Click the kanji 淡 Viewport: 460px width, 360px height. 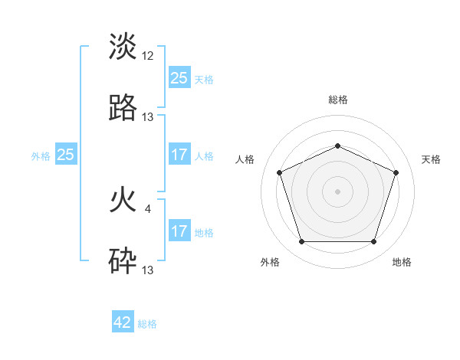tap(123, 47)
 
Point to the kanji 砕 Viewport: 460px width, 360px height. tap(123, 261)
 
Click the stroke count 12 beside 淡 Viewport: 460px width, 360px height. tap(148, 57)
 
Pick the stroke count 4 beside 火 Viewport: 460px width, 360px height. tap(148, 208)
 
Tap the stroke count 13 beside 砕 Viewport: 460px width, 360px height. tap(148, 270)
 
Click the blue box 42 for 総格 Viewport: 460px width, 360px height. tap(123, 322)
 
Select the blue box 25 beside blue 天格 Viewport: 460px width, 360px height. tap(179, 78)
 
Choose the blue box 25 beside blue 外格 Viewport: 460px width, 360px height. tap(66, 155)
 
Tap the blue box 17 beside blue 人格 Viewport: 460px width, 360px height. tap(179, 155)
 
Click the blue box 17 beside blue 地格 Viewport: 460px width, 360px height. tap(179, 231)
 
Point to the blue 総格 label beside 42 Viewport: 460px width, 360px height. tap(147, 324)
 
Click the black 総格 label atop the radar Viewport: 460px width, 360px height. tap(337, 100)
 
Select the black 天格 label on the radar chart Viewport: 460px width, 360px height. tap(432, 159)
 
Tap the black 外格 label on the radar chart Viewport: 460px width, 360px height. tap(270, 262)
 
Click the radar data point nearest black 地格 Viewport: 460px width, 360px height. tap(373, 242)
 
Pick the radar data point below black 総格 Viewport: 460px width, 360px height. tap(337, 146)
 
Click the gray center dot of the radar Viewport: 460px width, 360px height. tap(337, 191)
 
